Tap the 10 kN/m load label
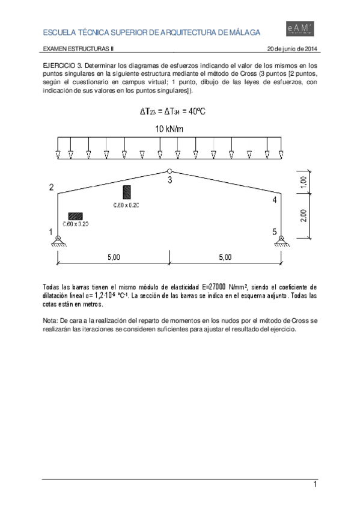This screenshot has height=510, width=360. coord(169,129)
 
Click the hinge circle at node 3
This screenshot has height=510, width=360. coord(169,171)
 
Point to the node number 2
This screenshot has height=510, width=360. coord(51,188)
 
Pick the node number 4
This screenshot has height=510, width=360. coord(274,200)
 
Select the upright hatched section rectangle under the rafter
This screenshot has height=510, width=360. coord(127,192)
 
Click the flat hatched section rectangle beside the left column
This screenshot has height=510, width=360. coord(75,215)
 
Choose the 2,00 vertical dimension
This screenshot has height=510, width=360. coord(304,215)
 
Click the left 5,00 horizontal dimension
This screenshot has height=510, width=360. coord(114,257)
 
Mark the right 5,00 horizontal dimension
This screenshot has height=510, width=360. coord(225,257)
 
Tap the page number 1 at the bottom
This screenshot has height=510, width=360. coord(314,485)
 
